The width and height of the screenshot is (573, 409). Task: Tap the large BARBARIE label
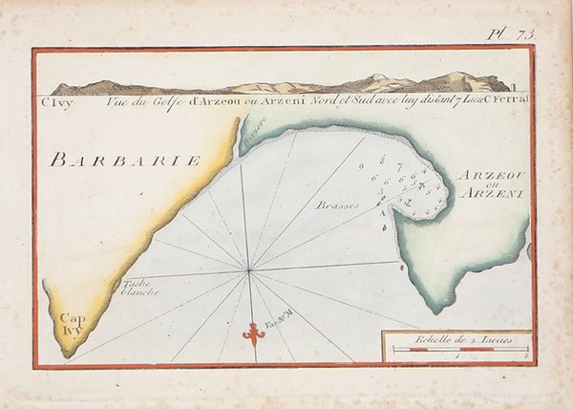click(x=125, y=160)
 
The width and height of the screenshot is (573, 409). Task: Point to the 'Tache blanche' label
click(x=139, y=288)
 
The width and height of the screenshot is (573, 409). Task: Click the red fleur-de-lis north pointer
click(x=252, y=332)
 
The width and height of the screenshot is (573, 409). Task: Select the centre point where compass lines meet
click(x=249, y=271)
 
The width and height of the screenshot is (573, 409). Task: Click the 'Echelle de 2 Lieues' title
click(x=456, y=338)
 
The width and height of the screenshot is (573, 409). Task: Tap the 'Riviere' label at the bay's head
click(x=253, y=135)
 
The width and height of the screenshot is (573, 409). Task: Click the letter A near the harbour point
click(x=384, y=213)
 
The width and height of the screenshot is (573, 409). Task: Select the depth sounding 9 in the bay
click(x=363, y=167)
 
